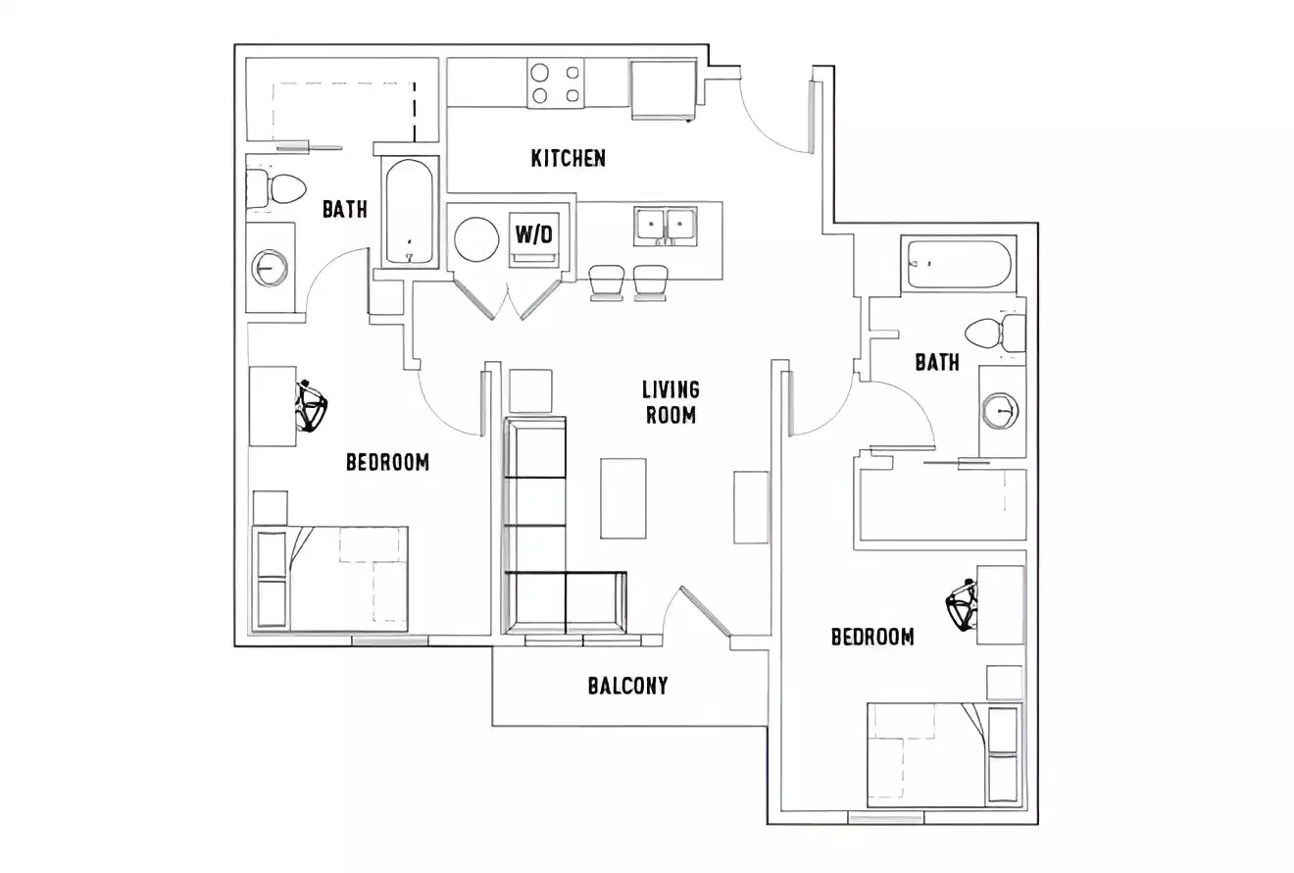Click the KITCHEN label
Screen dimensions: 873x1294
pos(568,158)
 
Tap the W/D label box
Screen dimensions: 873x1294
pos(534,233)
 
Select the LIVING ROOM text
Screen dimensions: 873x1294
pos(672,402)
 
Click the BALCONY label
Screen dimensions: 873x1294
pos(628,686)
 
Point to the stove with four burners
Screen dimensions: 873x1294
pos(555,81)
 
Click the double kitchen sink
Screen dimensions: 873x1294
pos(665,225)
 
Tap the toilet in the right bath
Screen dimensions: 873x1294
pos(988,334)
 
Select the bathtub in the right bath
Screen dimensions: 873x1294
pos(958,264)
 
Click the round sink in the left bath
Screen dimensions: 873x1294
pos(270,267)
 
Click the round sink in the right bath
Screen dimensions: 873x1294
pos(1001,410)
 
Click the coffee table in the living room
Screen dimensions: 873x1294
pos(623,498)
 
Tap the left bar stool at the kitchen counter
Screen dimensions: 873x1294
pos(606,282)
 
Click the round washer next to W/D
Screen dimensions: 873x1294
pos(477,238)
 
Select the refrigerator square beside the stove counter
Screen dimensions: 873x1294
pos(663,88)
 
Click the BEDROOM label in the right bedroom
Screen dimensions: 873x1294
pos(872,638)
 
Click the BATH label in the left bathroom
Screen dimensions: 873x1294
pos(344,209)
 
